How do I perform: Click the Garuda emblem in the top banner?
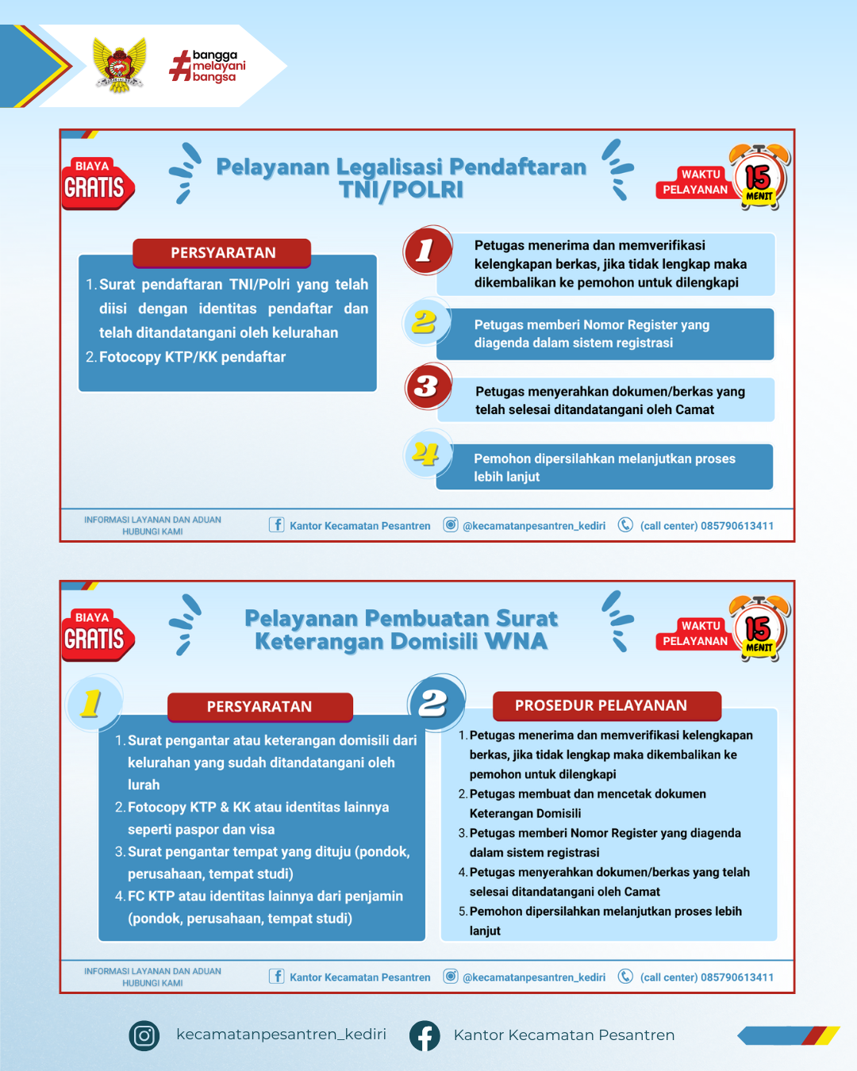(x=120, y=65)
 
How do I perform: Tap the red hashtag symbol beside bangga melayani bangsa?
(x=180, y=66)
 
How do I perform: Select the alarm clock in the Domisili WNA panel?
(x=759, y=628)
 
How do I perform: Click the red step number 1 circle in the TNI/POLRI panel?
(x=426, y=250)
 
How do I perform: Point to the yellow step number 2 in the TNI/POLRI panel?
(x=425, y=322)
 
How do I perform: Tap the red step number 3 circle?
(x=427, y=386)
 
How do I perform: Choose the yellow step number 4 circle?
(x=426, y=454)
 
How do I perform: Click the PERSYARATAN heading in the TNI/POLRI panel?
(x=223, y=253)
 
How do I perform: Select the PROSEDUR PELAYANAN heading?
(x=601, y=705)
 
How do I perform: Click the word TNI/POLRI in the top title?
(x=401, y=190)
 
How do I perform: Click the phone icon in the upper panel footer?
(x=625, y=524)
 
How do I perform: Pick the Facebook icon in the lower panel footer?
(x=276, y=976)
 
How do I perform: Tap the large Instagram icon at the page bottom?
(x=144, y=1035)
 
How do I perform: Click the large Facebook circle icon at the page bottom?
(x=425, y=1035)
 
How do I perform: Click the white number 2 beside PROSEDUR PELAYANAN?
(x=434, y=702)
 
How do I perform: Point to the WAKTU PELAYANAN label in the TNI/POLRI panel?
(x=695, y=182)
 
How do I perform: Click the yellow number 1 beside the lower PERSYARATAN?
(x=92, y=702)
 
